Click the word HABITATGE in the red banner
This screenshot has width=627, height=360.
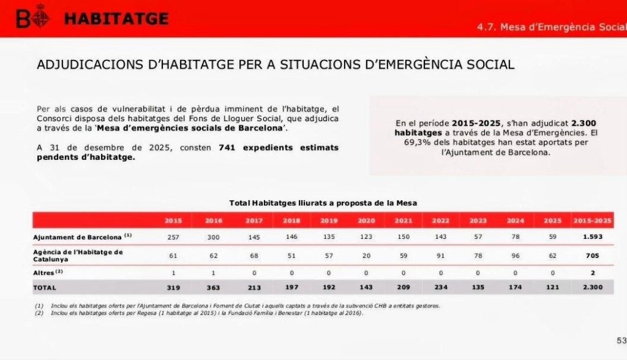coord(116,19)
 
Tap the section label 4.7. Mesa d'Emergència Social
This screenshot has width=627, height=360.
coord(552,27)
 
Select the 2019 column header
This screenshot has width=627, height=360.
coord(329,220)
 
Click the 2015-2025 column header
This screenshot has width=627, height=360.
coord(592,220)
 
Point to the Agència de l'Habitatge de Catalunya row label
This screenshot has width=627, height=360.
coord(78,255)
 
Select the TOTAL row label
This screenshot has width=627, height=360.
coord(45,288)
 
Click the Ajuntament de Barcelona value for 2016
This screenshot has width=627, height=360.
coord(213,237)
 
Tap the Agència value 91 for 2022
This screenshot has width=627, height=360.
coord(441,255)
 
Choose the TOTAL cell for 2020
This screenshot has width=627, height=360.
coord(366,287)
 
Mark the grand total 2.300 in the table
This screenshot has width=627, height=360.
coord(592,287)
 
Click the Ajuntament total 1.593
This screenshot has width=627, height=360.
coord(592,236)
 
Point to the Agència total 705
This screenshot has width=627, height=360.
coord(592,255)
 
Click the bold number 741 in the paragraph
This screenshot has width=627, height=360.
coord(227,148)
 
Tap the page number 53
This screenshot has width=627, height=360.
coord(621,340)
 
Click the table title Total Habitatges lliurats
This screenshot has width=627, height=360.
coord(323,203)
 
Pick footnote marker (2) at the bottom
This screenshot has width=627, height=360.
coord(39,313)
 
